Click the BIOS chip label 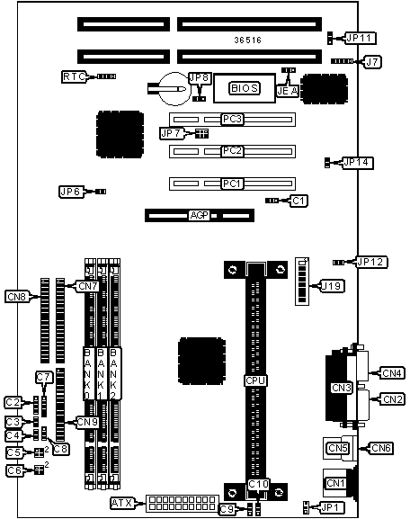245,88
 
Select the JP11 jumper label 361,38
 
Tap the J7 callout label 372,62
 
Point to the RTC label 74,76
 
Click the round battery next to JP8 174,89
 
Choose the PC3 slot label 232,119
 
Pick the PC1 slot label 232,183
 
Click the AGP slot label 200,216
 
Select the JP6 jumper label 71,192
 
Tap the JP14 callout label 357,163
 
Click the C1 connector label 299,201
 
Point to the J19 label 333,286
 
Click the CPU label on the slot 255,380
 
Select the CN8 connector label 17,297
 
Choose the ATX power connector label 123,504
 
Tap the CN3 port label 342,388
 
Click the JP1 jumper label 333,507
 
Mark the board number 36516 248,40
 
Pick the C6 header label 14,470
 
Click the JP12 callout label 371,262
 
